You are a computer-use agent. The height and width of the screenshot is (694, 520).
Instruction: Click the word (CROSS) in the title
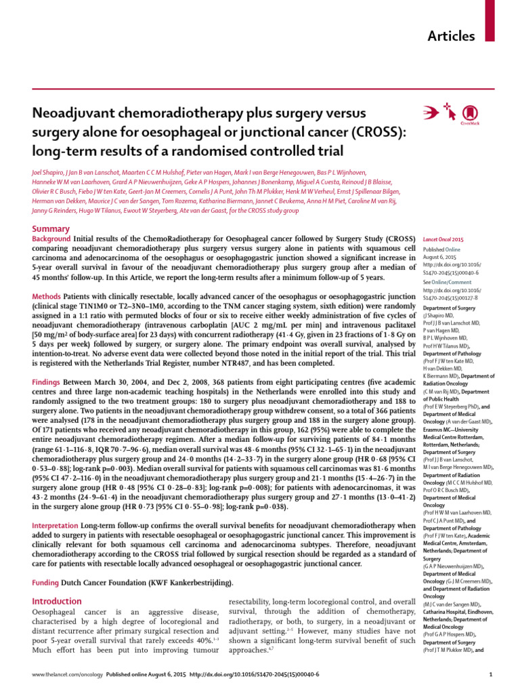pos(376,130)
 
